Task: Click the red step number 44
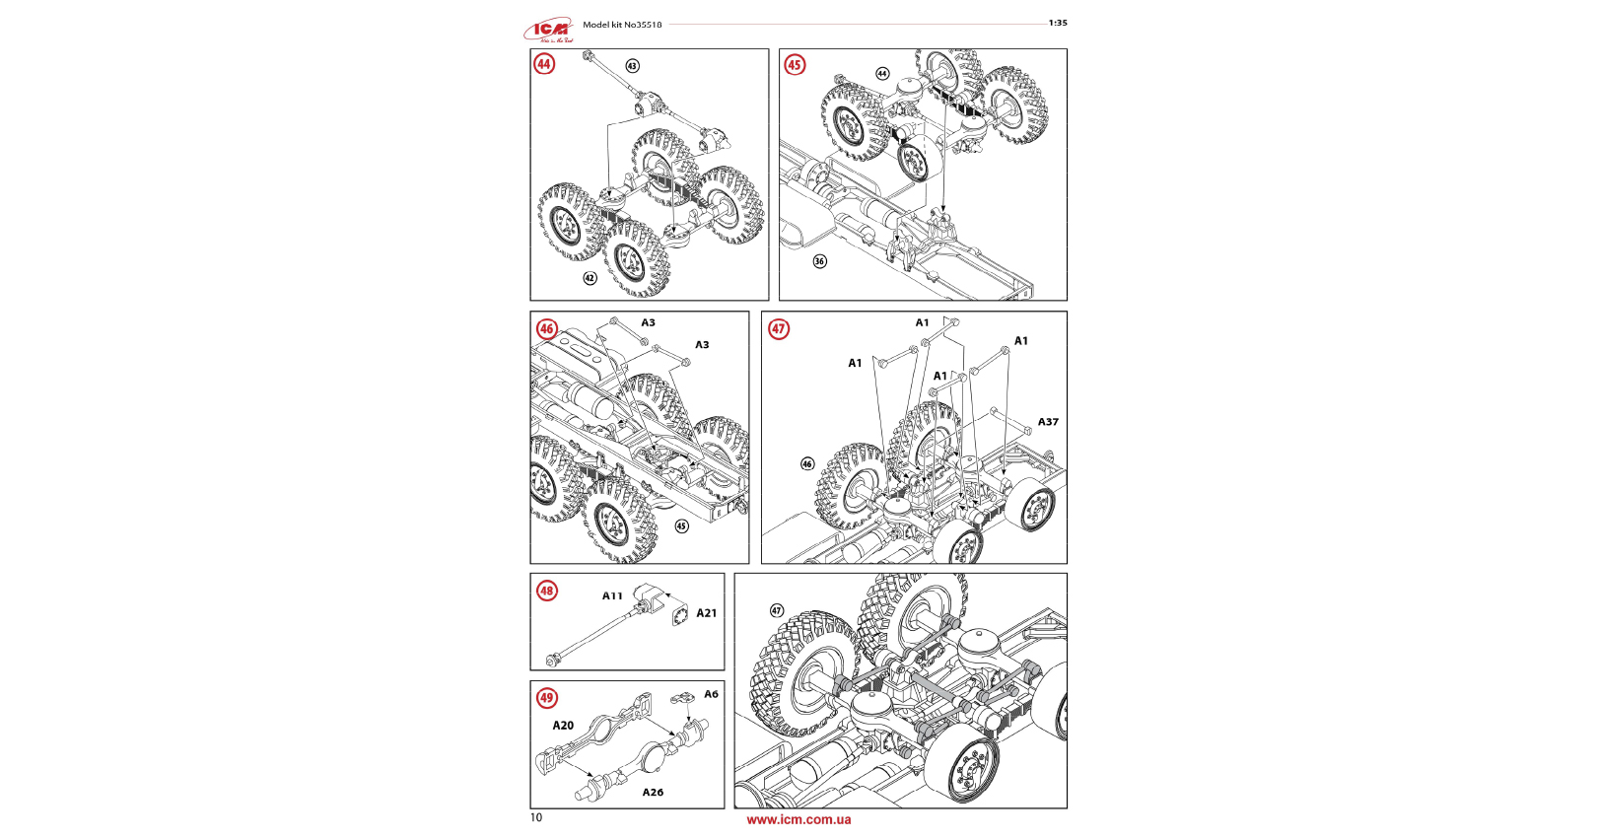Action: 544,64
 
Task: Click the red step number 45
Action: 795,65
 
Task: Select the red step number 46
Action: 546,328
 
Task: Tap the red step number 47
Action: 779,328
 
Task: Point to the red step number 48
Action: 547,591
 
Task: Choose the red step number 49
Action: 546,698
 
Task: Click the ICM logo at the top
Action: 548,31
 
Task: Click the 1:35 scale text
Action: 1057,23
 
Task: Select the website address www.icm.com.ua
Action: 798,819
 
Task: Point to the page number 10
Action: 535,817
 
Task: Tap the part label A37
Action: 1048,422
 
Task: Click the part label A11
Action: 612,595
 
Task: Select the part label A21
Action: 707,613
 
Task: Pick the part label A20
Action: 563,726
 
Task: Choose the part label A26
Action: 653,792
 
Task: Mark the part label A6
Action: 711,694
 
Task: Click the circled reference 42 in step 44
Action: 590,278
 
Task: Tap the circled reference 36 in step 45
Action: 819,261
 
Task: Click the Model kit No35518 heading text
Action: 622,25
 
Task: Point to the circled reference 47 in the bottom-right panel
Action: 777,610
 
